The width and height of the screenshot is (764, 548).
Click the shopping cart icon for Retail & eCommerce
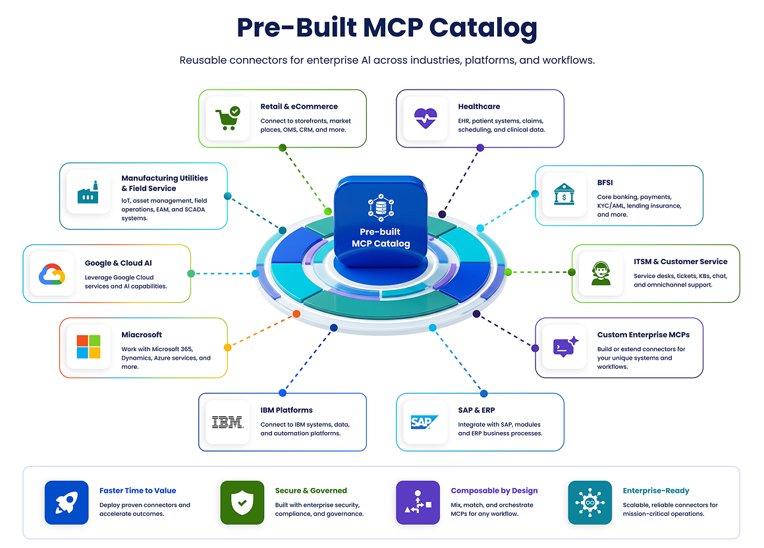click(x=227, y=119)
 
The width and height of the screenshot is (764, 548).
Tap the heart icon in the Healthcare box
click(x=425, y=118)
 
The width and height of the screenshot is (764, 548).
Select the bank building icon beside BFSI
click(x=564, y=194)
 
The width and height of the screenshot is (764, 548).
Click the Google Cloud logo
click(x=52, y=274)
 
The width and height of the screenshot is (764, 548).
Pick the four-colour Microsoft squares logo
click(x=89, y=347)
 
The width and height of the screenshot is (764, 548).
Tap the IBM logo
click(x=227, y=422)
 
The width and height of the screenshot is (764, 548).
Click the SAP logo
click(x=424, y=422)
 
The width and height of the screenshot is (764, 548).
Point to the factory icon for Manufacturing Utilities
click(x=88, y=193)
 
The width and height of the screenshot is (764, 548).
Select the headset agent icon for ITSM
click(x=601, y=273)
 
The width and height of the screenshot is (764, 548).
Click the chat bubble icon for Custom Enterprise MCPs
click(x=565, y=347)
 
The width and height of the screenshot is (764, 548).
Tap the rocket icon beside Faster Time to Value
click(x=67, y=503)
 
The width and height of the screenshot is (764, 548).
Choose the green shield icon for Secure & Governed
click(x=242, y=503)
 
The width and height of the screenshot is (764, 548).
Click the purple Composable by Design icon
click(x=418, y=503)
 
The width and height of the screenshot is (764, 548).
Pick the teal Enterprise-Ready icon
click(x=590, y=503)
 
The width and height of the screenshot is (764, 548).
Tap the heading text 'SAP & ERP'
click(x=477, y=410)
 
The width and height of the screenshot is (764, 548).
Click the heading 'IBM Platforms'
click(x=286, y=410)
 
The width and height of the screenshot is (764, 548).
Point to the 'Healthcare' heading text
click(x=479, y=107)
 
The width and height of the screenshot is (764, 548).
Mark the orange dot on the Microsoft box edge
click(x=227, y=347)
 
